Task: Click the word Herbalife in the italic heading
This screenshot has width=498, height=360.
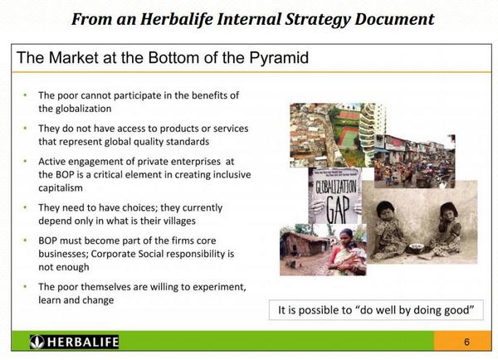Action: [x=177, y=19]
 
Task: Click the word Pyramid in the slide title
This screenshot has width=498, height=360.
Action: [x=279, y=58]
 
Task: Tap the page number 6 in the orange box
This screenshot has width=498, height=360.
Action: [x=466, y=342]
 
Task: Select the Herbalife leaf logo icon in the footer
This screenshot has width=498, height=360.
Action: [x=37, y=342]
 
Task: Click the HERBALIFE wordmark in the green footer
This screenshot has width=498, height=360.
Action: [x=82, y=342]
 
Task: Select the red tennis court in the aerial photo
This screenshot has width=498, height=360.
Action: [x=349, y=138]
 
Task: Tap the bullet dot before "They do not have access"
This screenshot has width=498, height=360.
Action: [x=26, y=128]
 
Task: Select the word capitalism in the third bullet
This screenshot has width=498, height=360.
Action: [x=61, y=188]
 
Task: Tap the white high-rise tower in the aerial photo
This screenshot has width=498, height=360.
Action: [x=369, y=134]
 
